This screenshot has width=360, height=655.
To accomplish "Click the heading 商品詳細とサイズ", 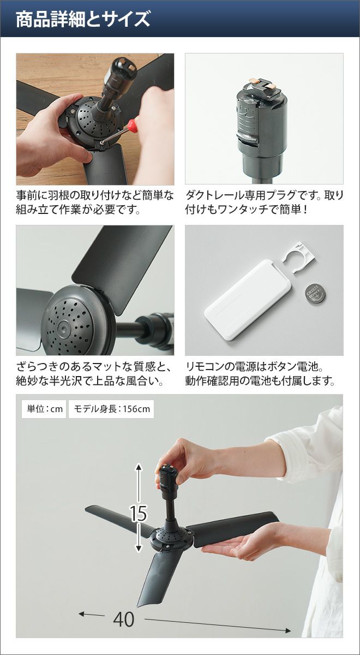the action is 83,19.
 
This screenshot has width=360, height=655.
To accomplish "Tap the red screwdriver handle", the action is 133,125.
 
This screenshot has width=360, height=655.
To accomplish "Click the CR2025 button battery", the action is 315,293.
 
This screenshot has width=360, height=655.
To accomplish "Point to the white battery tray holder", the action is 299,257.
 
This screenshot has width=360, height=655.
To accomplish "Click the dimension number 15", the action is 139,514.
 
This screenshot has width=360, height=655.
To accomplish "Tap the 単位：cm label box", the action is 44,409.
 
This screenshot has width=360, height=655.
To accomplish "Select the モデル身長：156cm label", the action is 111,409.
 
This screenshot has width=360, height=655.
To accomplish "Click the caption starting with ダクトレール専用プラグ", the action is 265,202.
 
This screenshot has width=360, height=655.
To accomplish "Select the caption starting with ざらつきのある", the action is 93,373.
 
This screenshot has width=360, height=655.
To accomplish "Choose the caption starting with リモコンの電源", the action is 260,373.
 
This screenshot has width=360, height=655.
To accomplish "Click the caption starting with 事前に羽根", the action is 95,202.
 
